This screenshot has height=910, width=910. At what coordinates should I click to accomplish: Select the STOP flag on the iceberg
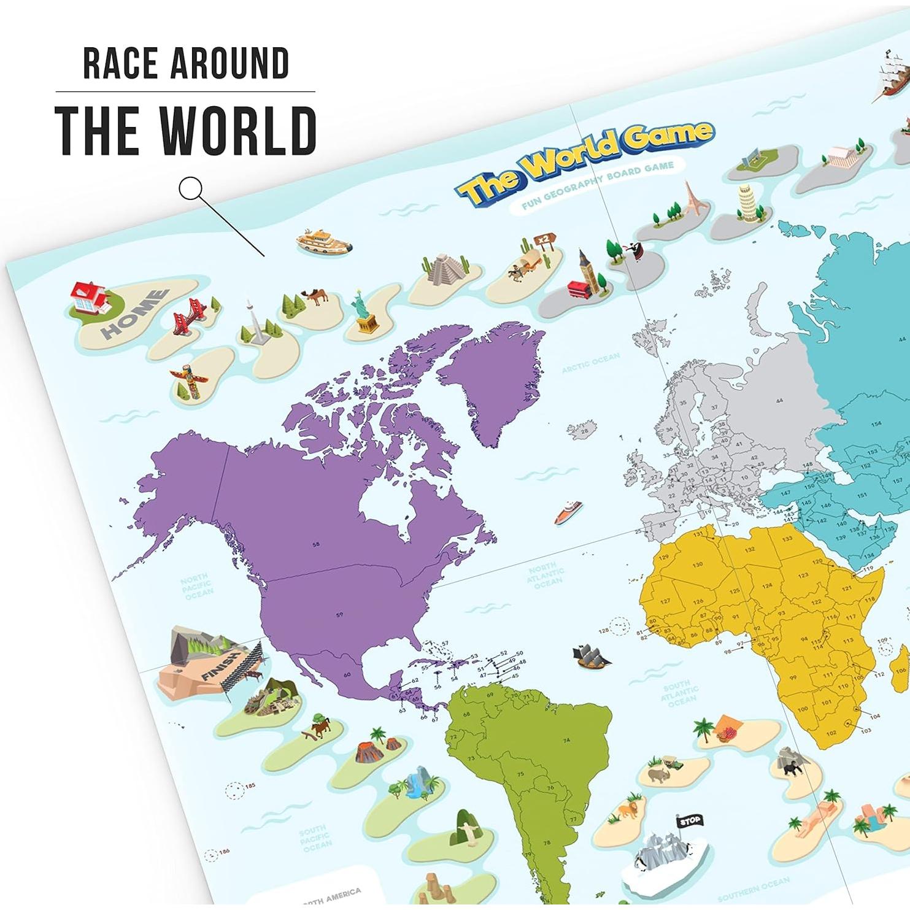[688, 820]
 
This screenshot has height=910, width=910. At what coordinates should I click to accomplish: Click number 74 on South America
[565, 741]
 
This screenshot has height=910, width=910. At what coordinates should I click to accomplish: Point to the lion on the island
[628, 811]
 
